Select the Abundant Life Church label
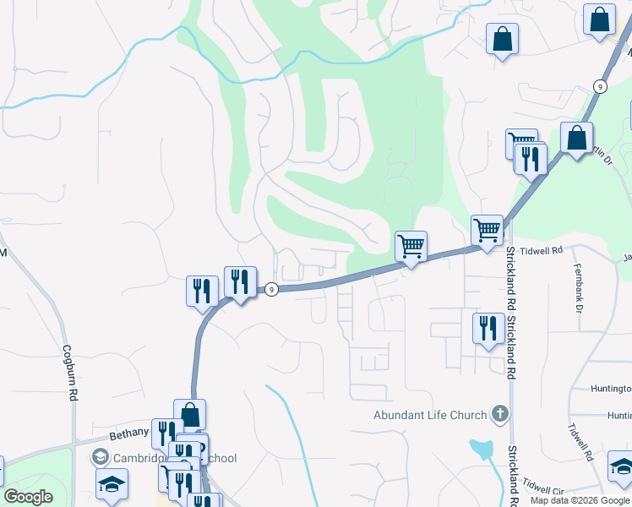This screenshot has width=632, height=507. tap(430, 415)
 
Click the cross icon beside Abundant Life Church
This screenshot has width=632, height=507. tap(500, 414)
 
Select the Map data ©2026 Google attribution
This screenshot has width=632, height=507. tap(580, 500)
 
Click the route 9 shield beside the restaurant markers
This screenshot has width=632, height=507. tap(271, 289)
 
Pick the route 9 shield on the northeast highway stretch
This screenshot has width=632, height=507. tap(599, 86)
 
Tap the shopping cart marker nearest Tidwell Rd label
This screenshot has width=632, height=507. tap(487, 229)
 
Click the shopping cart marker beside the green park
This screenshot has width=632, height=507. tap(411, 247)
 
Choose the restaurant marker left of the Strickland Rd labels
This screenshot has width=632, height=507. tap(488, 328)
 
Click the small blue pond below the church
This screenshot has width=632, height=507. tap(482, 449)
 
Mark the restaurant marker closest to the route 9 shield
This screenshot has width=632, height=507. tap(240, 282)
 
